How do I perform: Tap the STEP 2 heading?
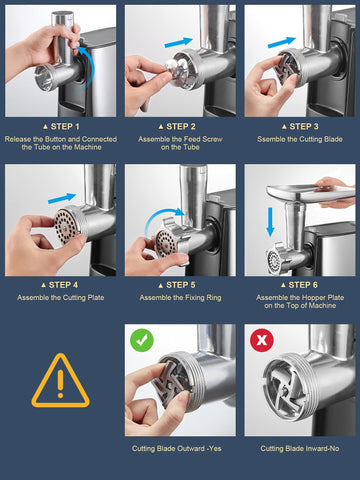(x=180, y=127)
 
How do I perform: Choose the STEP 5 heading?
(x=180, y=285)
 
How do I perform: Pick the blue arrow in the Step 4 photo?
(x=60, y=200)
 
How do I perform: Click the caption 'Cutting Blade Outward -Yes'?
(x=180, y=449)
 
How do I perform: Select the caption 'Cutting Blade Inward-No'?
(x=300, y=449)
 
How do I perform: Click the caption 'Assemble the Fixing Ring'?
(x=180, y=298)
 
